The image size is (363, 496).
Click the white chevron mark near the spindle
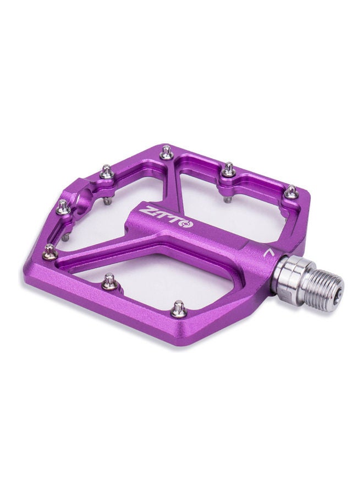pyautogui.click(x=268, y=253)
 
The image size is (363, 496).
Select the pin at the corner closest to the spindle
pyautogui.click(x=290, y=192)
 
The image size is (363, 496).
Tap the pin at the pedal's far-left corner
pyautogui.click(x=50, y=251)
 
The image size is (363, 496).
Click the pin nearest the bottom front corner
pyautogui.click(x=179, y=309)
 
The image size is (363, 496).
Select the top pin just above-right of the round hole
pyautogui.click(x=107, y=172)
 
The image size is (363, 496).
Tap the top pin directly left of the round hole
pyautogui.click(x=63, y=207)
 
